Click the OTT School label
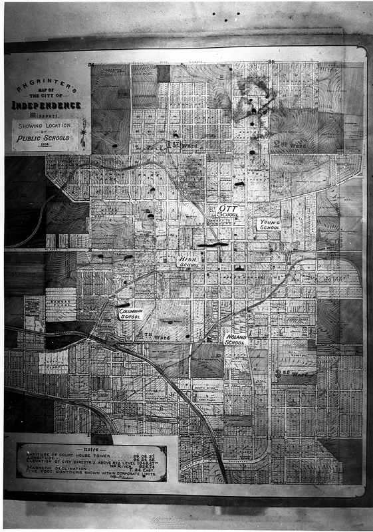227,211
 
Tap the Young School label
269,225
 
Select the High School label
189,261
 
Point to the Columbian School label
131,313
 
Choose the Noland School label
236,340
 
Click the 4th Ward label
154,336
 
